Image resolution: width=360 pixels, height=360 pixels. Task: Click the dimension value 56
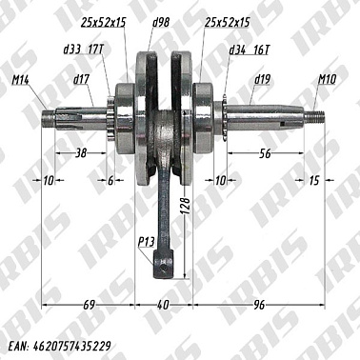pos(266,152)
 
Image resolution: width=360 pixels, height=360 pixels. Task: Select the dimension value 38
pos(81,152)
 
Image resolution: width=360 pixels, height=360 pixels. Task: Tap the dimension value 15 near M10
pos(315,180)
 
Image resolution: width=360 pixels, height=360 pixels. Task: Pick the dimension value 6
pos(110,180)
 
